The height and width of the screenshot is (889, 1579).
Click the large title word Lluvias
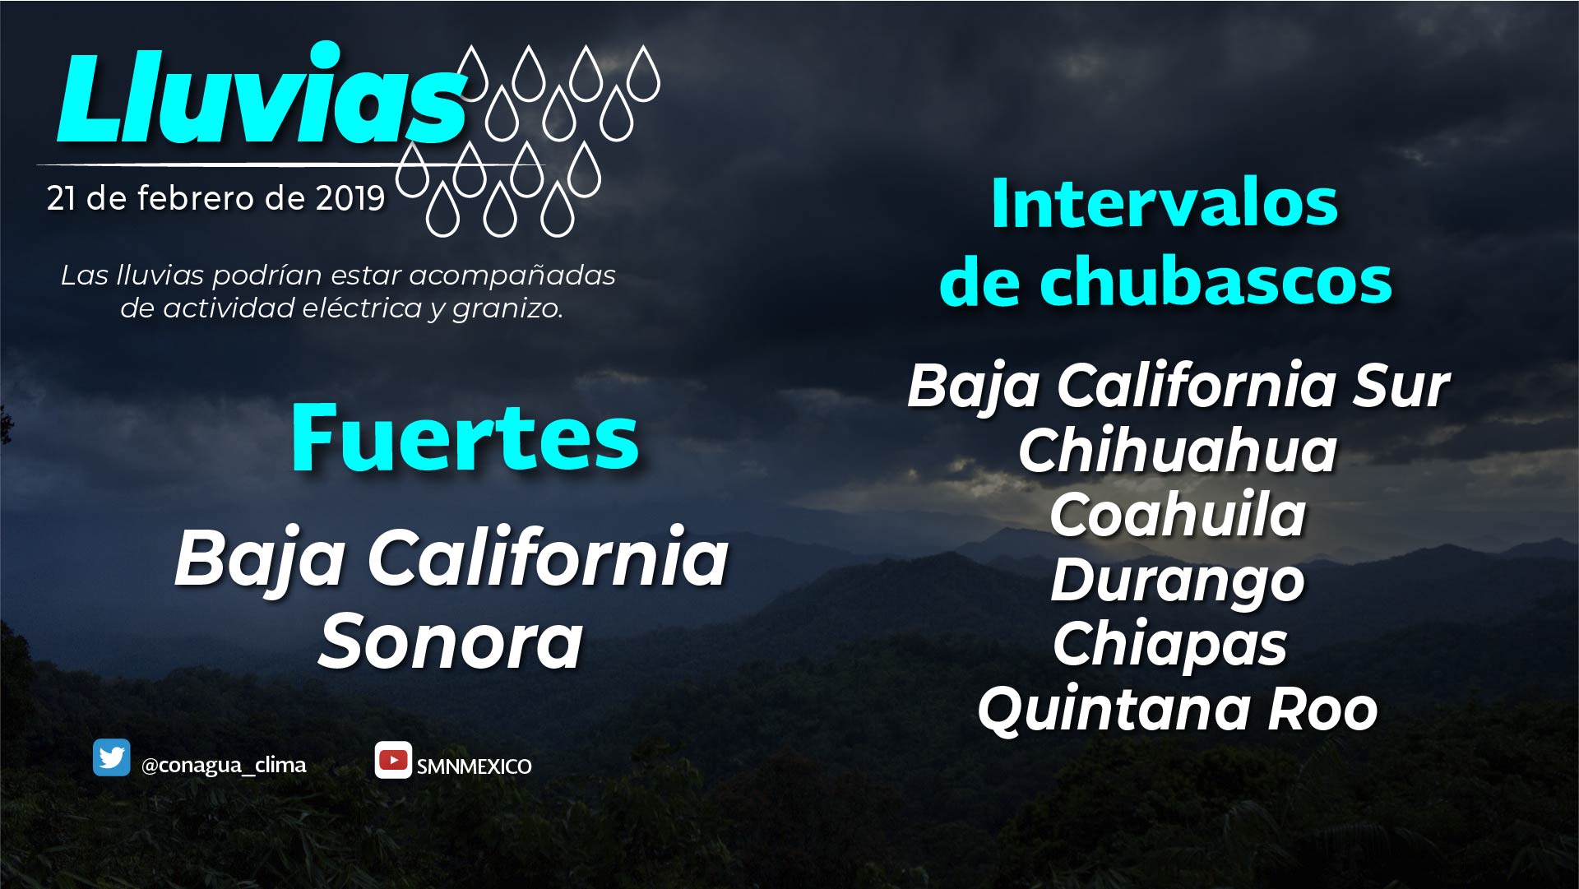coord(262,95)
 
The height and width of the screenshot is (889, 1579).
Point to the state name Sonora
coord(451,641)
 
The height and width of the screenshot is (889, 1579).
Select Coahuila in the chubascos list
coord(1178,515)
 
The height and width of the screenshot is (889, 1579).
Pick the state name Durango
coord(1178,581)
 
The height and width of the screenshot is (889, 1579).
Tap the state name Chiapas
coord(1170,645)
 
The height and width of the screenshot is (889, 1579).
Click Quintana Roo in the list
coord(1178,708)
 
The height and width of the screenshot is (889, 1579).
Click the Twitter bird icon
coord(112,757)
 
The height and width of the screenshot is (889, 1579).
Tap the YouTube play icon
coord(393,760)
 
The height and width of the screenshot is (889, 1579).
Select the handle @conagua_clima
coord(224,766)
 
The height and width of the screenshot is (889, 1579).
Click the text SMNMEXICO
coord(474,766)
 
